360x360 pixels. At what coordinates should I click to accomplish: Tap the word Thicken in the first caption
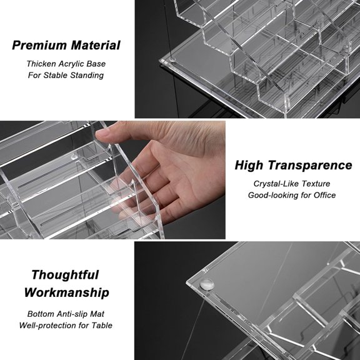(42, 64)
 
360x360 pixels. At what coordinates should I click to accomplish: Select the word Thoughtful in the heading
(65, 274)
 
